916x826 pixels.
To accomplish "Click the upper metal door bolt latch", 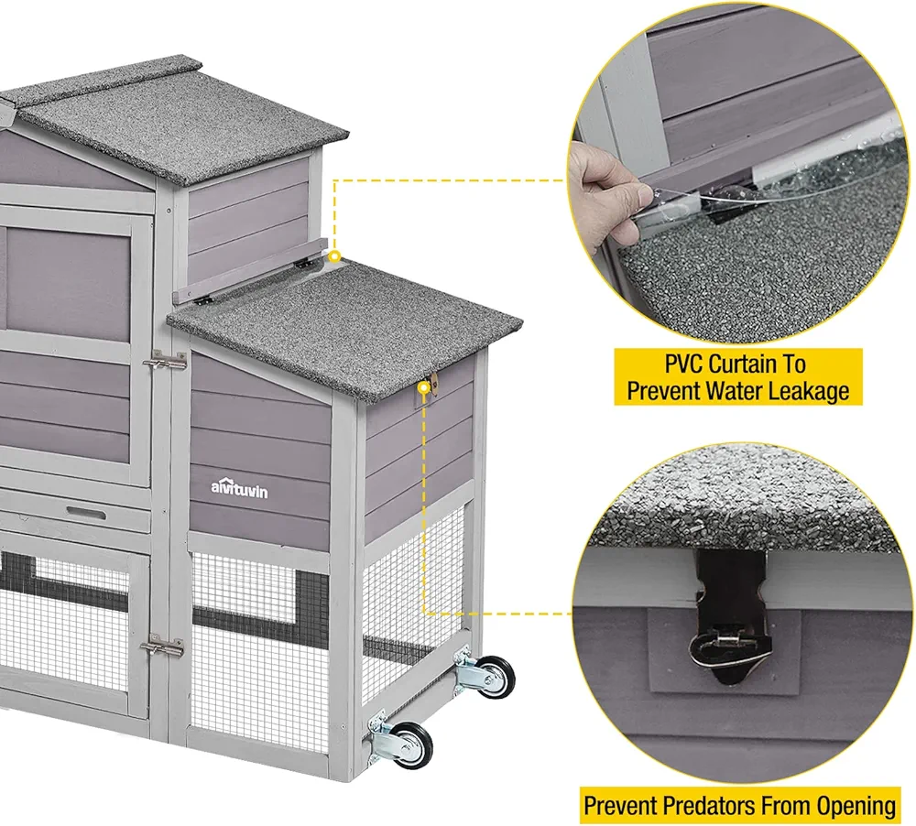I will [166, 363].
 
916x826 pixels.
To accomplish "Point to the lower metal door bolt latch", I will [162, 647].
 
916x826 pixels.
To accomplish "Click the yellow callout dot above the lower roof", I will [335, 256].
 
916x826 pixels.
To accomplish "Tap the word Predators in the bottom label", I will [701, 806].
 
